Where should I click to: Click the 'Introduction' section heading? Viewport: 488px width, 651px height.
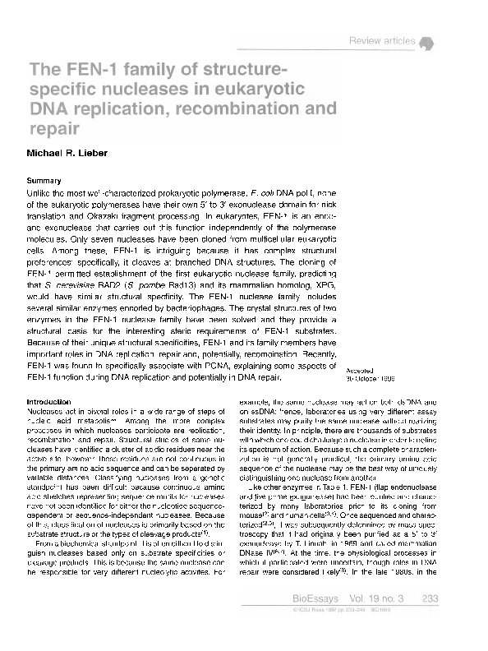[x=49, y=401]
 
